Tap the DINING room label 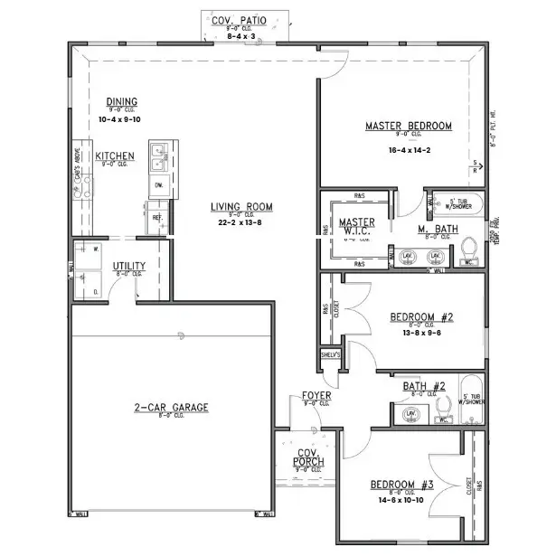pyautogui.click(x=121, y=101)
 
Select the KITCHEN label pyautogui.click(x=116, y=155)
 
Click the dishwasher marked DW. pyautogui.click(x=158, y=186)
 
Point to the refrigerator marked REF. pyautogui.click(x=156, y=217)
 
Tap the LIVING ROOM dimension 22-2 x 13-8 pyautogui.click(x=241, y=221)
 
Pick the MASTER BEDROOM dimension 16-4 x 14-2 pyautogui.click(x=409, y=150)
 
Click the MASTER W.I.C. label pyautogui.click(x=356, y=227)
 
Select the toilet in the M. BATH pyautogui.click(x=468, y=248)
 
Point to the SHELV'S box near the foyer pyautogui.click(x=331, y=355)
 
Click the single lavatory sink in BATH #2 pyautogui.click(x=410, y=414)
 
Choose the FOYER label pyautogui.click(x=316, y=395)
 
